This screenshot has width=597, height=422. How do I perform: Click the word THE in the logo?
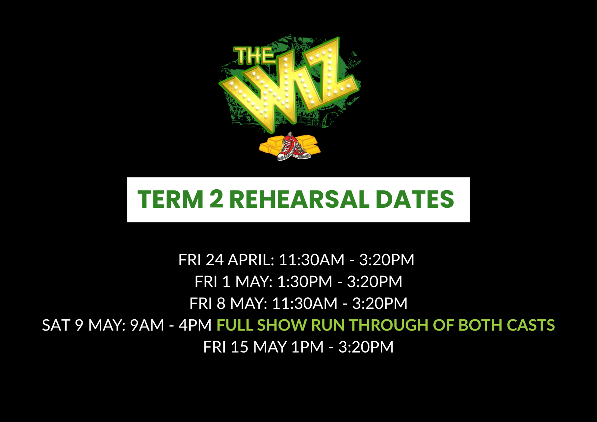(x=253, y=55)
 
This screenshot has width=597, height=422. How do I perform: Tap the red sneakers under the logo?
(x=293, y=147)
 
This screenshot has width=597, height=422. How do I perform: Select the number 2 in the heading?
(x=216, y=199)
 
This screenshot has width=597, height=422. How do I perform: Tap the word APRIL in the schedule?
(x=251, y=260)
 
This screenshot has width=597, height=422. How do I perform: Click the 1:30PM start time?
(x=304, y=282)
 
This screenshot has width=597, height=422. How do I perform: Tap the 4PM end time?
(x=195, y=325)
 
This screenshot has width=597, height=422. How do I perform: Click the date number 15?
(x=239, y=347)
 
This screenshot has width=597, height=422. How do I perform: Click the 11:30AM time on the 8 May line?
(x=304, y=303)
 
